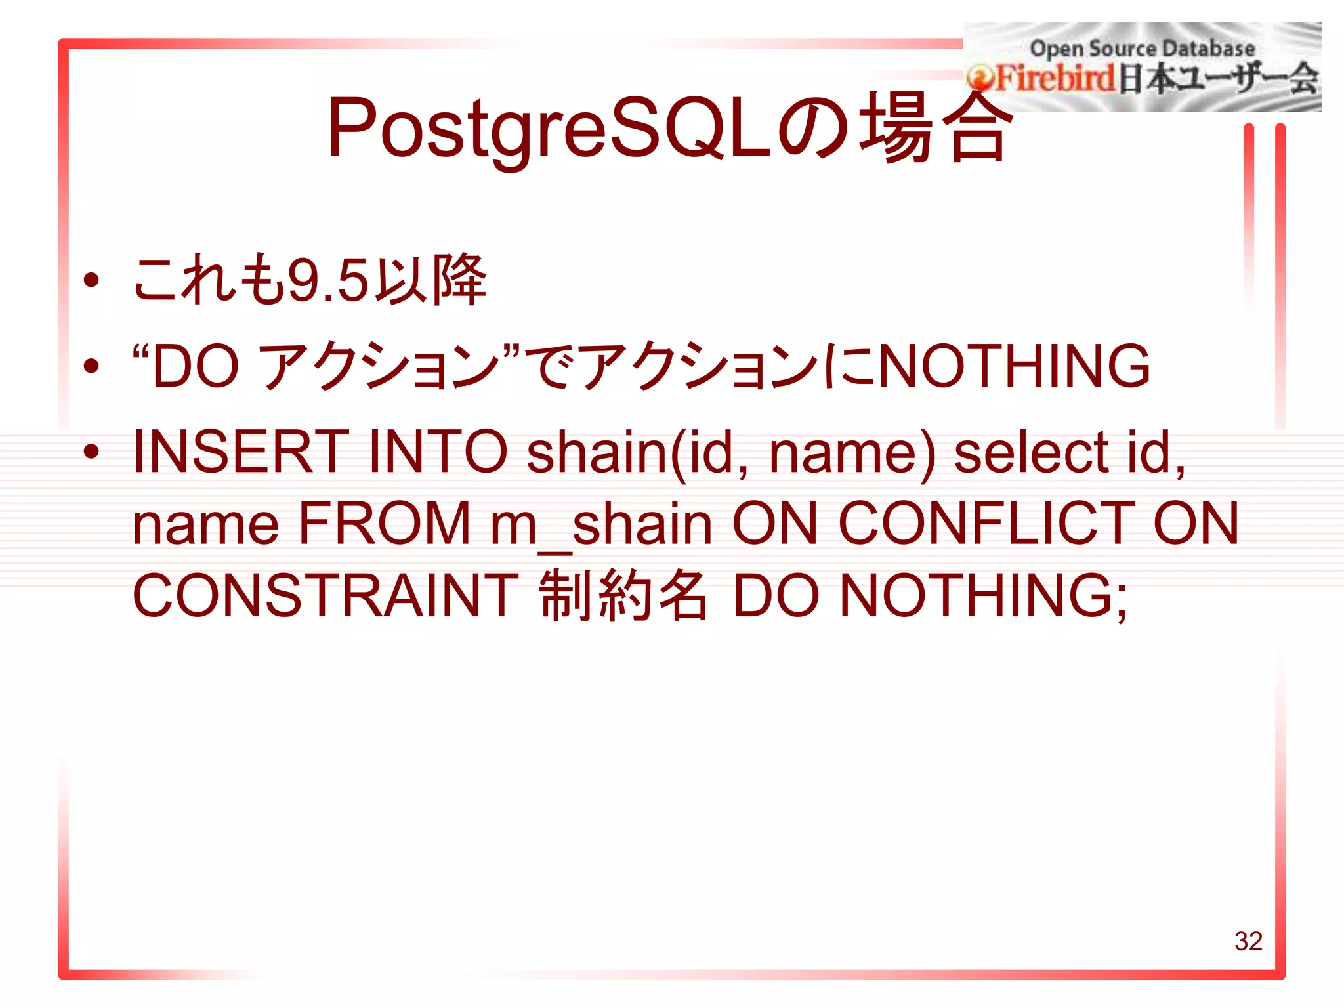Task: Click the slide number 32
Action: [x=1248, y=941]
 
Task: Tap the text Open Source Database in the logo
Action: [x=1142, y=49]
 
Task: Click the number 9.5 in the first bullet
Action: [x=328, y=281]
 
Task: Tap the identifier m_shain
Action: [x=601, y=524]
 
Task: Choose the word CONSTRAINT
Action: [x=325, y=595]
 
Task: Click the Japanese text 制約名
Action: [x=623, y=595]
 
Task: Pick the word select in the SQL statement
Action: [x=1031, y=451]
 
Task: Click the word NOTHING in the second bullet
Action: [x=1013, y=366]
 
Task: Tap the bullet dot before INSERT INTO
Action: [x=91, y=451]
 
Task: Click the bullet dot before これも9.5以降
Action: [x=91, y=281]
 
